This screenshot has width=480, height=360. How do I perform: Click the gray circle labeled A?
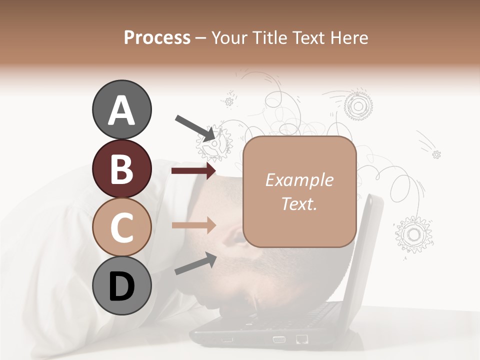121,110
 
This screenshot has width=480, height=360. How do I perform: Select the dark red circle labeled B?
121,168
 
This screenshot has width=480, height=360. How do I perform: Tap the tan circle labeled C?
121,227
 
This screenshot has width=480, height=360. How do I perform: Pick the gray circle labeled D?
121,286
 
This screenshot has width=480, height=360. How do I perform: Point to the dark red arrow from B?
193,171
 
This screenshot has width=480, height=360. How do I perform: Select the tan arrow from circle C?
193,225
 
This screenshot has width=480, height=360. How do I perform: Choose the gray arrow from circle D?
195,263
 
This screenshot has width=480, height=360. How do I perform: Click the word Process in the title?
157,37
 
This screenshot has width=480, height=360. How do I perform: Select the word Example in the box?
299,180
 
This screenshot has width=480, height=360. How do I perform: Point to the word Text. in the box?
299,203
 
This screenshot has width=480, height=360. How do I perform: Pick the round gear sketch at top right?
357,105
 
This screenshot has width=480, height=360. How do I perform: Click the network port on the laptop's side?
301,339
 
